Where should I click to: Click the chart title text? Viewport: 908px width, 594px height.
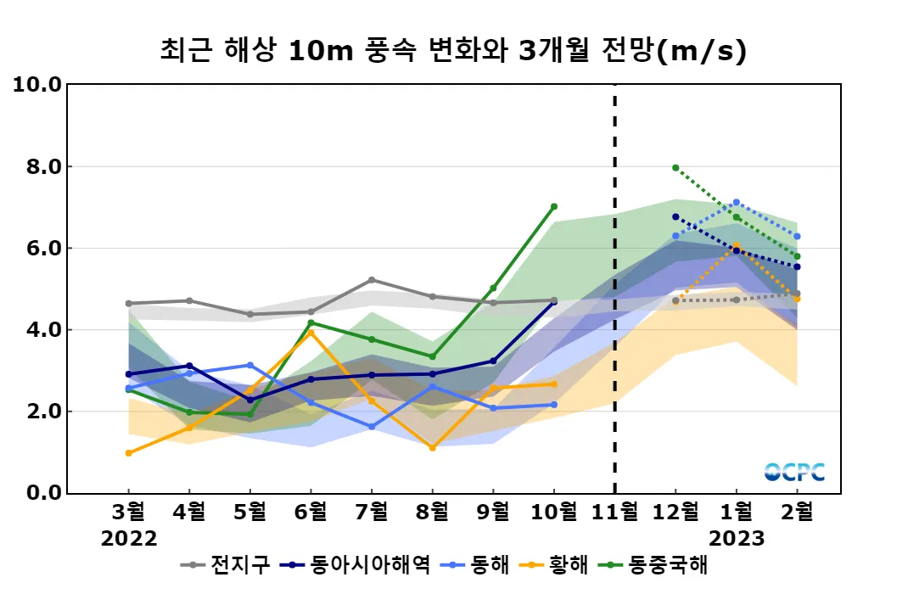453,50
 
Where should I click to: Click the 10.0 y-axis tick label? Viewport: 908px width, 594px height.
34,85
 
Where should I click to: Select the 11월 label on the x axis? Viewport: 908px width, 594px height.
614,513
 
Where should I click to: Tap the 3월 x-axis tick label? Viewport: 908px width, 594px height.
129,513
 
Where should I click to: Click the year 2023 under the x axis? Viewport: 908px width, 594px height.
736,539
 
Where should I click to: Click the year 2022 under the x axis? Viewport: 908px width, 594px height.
129,539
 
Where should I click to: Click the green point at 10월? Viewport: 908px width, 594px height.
554,206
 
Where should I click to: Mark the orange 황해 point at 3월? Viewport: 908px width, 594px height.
128,453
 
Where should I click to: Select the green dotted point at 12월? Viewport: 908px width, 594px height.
675,168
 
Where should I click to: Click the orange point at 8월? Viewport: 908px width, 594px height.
432,448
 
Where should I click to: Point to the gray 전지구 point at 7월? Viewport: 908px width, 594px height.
372,280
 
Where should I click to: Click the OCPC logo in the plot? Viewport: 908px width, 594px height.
794,473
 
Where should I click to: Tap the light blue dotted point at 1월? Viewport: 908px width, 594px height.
737,203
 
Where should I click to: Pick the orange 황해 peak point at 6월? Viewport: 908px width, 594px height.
311,333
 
